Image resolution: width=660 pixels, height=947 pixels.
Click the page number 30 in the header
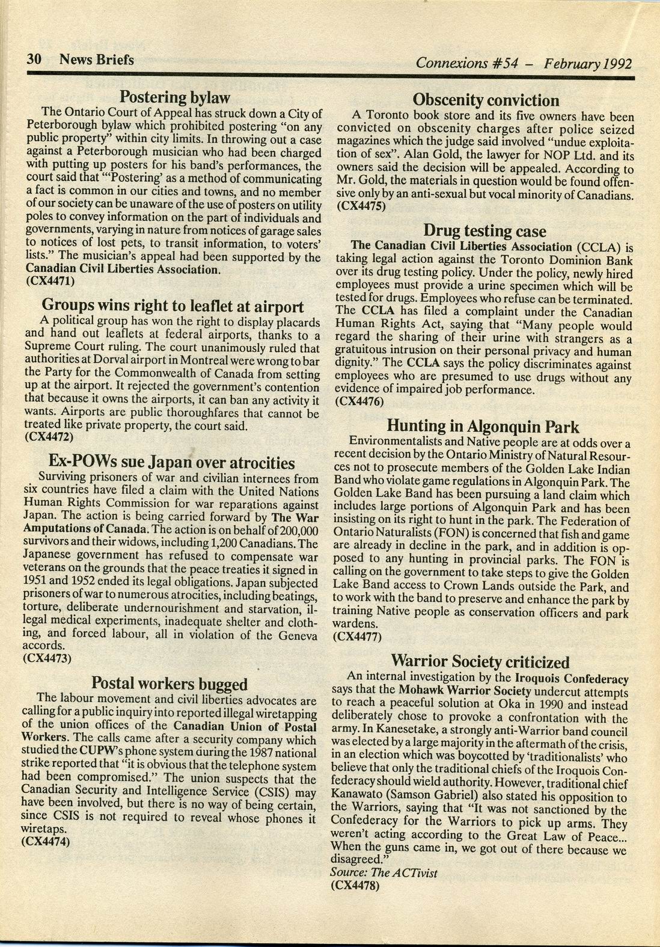[33, 60]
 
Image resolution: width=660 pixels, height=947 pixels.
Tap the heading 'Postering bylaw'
[175, 97]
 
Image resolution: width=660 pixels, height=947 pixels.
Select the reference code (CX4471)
[50, 280]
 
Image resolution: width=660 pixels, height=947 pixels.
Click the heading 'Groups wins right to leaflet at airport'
[173, 306]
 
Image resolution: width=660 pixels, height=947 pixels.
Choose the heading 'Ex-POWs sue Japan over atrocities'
[171, 462]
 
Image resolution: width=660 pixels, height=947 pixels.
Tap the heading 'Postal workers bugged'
[170, 683]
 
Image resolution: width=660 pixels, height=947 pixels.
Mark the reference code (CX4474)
[46, 842]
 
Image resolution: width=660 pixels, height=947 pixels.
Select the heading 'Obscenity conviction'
[486, 100]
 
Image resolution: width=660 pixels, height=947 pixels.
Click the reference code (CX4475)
[361, 206]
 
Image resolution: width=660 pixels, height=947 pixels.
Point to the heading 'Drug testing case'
[484, 231]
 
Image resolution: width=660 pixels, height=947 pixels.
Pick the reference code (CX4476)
[359, 402]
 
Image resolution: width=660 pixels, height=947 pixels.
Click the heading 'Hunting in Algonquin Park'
[483, 427]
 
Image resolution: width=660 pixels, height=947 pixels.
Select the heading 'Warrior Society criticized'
[480, 662]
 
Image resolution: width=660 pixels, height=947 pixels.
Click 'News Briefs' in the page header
[96, 60]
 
